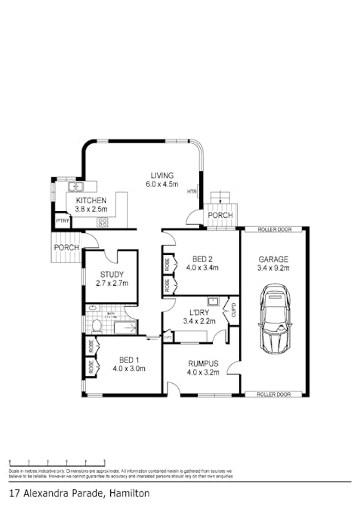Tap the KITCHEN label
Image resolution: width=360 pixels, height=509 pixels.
(91, 201)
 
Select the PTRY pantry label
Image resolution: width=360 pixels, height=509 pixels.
(62, 222)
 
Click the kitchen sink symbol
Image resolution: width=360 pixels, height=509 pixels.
(75, 186)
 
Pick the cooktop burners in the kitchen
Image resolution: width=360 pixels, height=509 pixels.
(103, 222)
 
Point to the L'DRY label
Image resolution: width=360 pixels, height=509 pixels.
(199, 312)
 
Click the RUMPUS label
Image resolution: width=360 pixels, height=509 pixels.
(202, 362)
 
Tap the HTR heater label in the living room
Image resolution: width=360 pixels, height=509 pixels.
(193, 192)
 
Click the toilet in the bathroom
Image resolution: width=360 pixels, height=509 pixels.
(96, 326)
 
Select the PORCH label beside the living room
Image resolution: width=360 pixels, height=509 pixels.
(220, 216)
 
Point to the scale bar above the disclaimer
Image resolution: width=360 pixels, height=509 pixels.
(57, 461)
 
